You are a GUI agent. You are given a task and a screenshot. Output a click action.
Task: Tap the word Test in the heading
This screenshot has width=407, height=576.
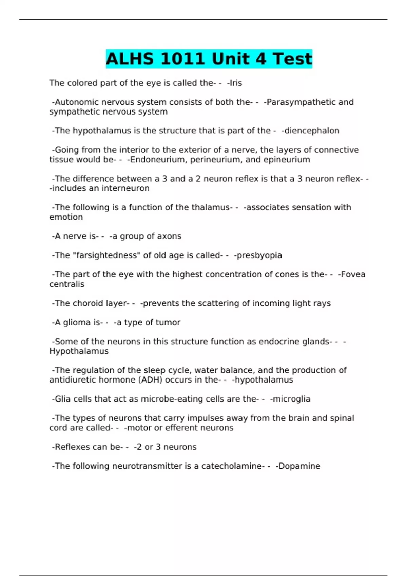(292, 59)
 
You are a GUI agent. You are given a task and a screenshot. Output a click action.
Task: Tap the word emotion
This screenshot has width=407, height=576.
(66, 217)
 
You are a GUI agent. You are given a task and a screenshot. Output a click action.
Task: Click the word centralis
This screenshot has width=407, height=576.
(67, 284)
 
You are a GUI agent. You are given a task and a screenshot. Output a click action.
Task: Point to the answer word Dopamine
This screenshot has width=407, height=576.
(299, 466)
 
